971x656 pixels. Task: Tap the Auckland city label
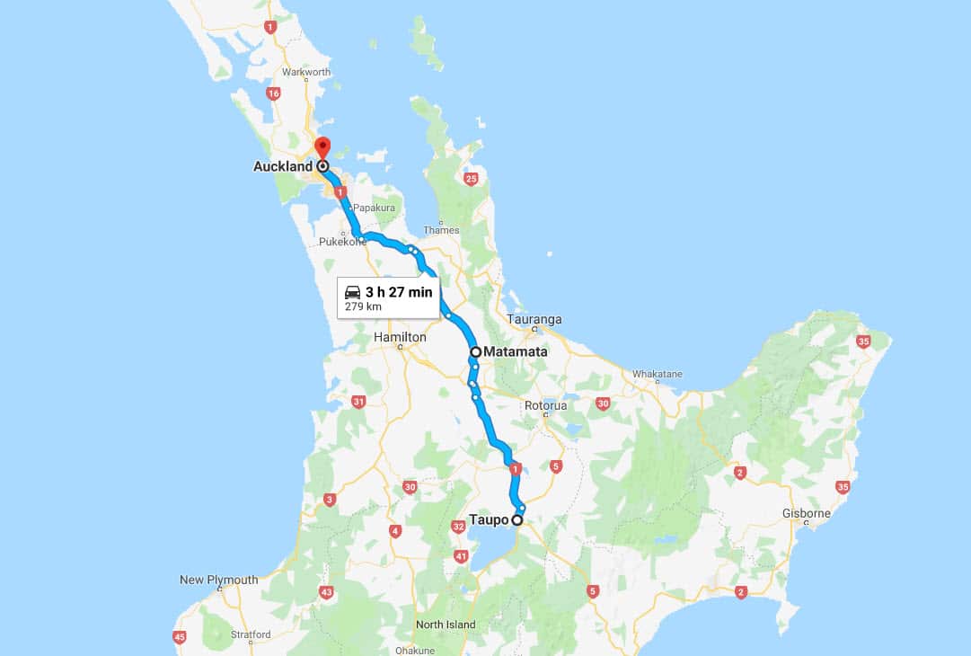(x=283, y=166)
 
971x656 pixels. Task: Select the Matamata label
(x=515, y=352)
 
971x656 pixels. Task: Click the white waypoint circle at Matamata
(x=475, y=351)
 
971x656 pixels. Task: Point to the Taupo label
(x=489, y=519)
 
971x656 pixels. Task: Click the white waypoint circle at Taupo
(x=517, y=519)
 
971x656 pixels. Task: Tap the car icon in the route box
(x=353, y=292)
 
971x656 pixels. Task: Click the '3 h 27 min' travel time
(x=399, y=292)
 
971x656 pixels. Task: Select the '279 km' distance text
(x=363, y=306)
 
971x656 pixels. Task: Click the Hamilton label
(x=400, y=337)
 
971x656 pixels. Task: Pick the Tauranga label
(x=534, y=319)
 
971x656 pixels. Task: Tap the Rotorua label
(x=546, y=405)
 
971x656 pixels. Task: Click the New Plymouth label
(x=218, y=580)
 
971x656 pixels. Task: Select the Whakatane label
(x=658, y=374)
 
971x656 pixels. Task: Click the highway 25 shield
(x=472, y=179)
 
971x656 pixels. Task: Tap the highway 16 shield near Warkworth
(x=274, y=93)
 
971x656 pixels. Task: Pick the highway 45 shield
(x=180, y=637)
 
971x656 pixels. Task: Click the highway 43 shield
(x=326, y=592)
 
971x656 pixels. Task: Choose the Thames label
(x=441, y=230)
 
